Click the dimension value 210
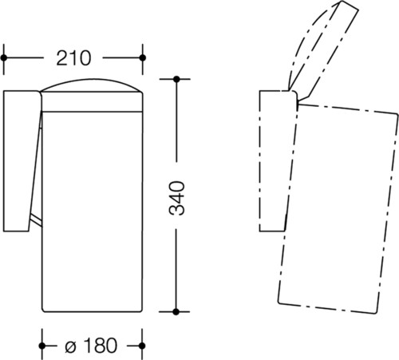[x=73, y=58]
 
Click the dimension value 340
[x=176, y=198]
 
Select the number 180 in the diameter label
[x=100, y=346]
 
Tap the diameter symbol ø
[x=71, y=346]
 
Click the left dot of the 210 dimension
[x=4, y=57]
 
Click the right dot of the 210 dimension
[x=143, y=57]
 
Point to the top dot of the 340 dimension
[x=176, y=79]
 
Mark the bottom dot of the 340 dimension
[x=176, y=311]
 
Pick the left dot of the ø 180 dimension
[x=42, y=346]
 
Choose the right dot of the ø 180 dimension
[x=142, y=346]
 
